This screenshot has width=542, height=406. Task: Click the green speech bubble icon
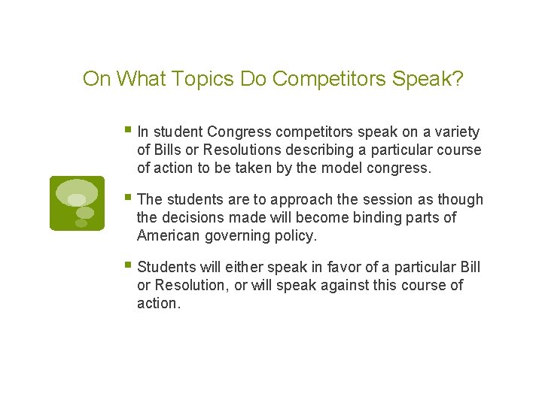coord(77,203)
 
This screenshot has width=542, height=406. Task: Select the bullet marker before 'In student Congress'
coord(129,132)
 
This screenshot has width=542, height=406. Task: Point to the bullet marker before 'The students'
coord(129,199)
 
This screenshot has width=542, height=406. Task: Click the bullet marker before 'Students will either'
coord(129,267)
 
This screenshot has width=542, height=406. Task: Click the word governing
coord(235,236)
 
